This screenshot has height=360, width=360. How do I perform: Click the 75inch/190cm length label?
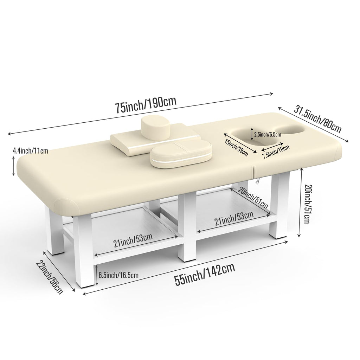146,104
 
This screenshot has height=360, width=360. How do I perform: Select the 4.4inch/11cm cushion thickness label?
30,151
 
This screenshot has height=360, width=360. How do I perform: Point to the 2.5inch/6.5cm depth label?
268,134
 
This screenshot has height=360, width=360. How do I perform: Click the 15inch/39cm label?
237,147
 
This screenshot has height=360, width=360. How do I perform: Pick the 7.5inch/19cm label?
276,152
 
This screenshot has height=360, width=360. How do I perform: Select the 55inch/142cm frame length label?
205,274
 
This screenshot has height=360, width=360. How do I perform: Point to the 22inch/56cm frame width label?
49,277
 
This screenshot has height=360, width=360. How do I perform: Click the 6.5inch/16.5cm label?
118,275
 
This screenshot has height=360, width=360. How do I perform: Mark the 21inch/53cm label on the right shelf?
234,218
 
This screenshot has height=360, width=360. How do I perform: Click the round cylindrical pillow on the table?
156,128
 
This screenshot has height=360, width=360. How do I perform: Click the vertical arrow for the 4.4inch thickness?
14,166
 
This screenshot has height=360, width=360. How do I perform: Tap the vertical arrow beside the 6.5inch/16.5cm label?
97,275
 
